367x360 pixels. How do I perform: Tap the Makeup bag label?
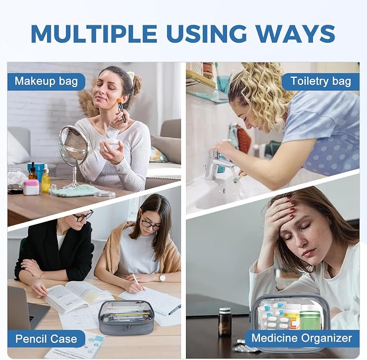(x=46, y=82)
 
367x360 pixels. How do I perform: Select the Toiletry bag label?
(x=321, y=82)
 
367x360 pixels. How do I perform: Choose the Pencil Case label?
(x=46, y=339)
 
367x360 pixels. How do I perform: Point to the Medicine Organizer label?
(x=302, y=338)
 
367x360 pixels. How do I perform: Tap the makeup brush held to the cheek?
(x=122, y=110)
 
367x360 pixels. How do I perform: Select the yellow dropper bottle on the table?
(x=46, y=178)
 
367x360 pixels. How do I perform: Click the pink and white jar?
(x=31, y=187)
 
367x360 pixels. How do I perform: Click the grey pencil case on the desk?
(x=126, y=317)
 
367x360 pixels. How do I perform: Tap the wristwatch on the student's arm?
(x=162, y=278)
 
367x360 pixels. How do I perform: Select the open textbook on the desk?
(x=77, y=296)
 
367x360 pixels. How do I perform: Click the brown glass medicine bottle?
(x=225, y=322)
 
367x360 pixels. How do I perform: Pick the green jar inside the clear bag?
(x=310, y=317)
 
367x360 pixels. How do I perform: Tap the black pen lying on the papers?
(x=175, y=309)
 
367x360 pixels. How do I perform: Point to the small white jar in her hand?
(x=112, y=143)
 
